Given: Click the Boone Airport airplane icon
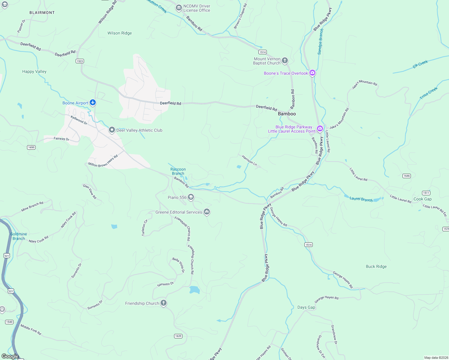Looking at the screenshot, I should (93, 103).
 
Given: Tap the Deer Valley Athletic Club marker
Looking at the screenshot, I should (112, 130).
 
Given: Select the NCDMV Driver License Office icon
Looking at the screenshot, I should (179, 8).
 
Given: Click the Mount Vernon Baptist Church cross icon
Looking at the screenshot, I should (285, 61).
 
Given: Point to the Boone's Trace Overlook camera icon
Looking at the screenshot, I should (312, 73).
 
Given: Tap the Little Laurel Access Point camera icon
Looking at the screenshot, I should (320, 129).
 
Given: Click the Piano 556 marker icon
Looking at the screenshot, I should (191, 197).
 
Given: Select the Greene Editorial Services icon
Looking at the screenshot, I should (206, 212).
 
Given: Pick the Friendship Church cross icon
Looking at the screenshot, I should (164, 303).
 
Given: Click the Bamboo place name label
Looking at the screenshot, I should (287, 114).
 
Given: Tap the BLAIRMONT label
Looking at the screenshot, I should (42, 13).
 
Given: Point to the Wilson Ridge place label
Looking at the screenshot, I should (119, 33).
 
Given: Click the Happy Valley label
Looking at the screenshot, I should (34, 71).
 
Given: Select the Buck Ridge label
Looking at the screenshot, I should (376, 266).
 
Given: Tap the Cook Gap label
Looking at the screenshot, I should (422, 199).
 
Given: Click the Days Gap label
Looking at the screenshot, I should (306, 307).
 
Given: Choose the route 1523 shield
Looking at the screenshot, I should (80, 61).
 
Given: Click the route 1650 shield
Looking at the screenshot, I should (31, 147).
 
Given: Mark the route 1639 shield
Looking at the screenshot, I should (178, 336).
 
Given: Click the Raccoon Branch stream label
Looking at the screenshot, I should (178, 171).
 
